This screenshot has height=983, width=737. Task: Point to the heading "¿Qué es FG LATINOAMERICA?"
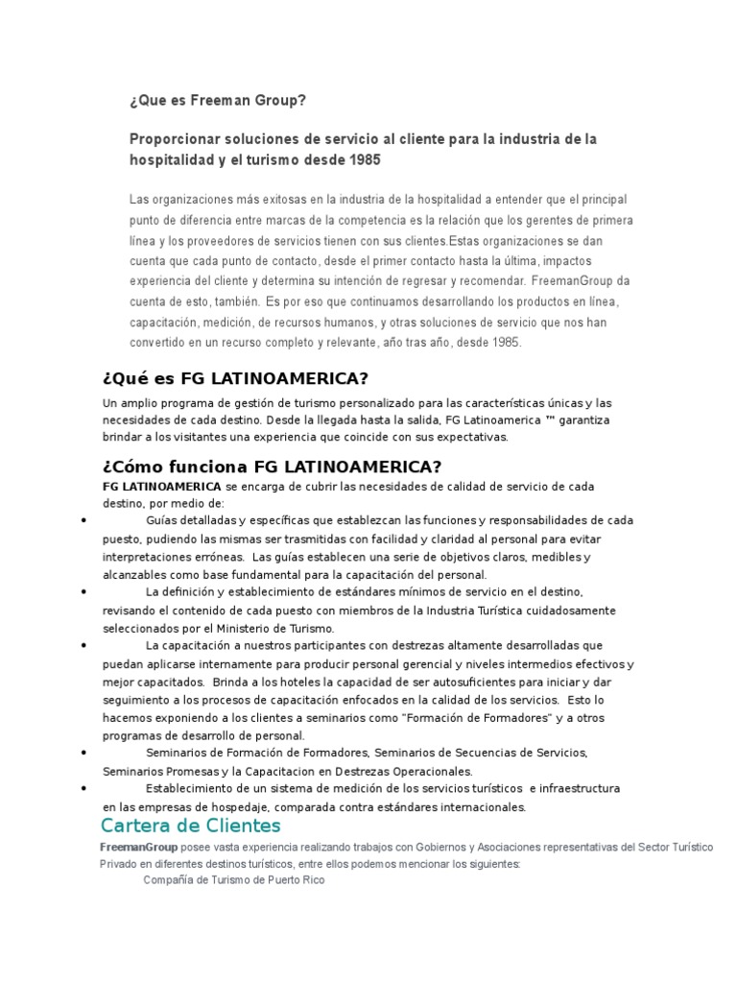point(235,377)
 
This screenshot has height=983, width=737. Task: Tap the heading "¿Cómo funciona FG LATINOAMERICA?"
point(272,468)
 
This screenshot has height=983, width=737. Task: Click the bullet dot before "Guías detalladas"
point(85,520)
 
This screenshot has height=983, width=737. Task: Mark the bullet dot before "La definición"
point(85,592)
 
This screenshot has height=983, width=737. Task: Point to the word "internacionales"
point(475,807)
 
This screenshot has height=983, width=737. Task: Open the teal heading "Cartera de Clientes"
point(191,827)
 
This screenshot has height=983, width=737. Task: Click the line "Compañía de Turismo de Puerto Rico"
point(234,879)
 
